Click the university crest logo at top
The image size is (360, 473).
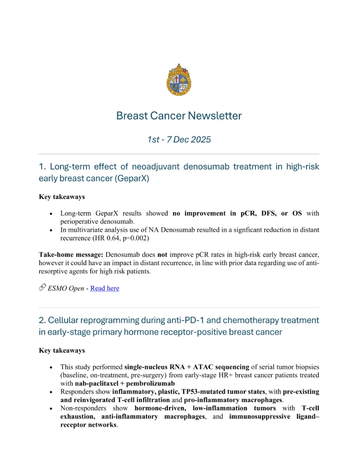point(179,80)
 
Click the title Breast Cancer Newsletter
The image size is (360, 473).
point(179,116)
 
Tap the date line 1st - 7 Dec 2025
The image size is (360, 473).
point(179,139)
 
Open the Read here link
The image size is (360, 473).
point(104,288)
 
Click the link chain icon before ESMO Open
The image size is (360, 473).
point(42,288)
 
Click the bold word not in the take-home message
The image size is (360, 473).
point(163,255)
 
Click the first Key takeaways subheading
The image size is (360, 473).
point(62,197)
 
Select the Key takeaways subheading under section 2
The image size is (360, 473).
point(62,350)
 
